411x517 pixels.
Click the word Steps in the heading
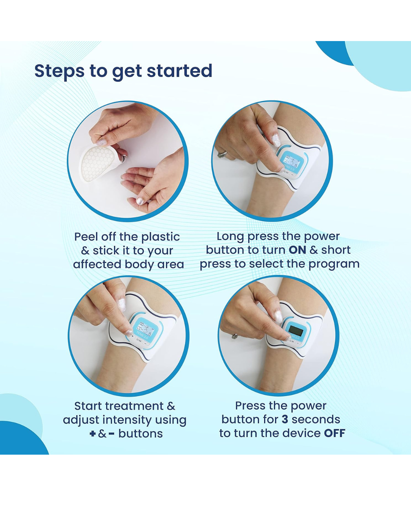pyautogui.click(x=59, y=71)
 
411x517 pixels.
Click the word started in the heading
pyautogui.click(x=180, y=71)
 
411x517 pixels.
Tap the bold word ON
pyautogui.click(x=297, y=250)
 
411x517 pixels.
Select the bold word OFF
pyautogui.click(x=335, y=433)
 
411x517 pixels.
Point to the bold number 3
pyautogui.click(x=285, y=419)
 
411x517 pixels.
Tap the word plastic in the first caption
pyautogui.click(x=161, y=237)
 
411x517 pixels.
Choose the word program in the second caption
pyautogui.click(x=334, y=265)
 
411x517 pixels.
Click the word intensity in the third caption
pyautogui.click(x=127, y=420)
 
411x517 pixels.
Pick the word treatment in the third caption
pyautogui.click(x=134, y=406)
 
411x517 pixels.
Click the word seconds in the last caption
pyautogui.click(x=316, y=419)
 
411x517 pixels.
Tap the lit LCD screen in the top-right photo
pyautogui.click(x=293, y=160)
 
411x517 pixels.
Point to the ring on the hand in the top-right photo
pyautogui.click(x=222, y=154)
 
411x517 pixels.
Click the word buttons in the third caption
pyautogui.click(x=141, y=434)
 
